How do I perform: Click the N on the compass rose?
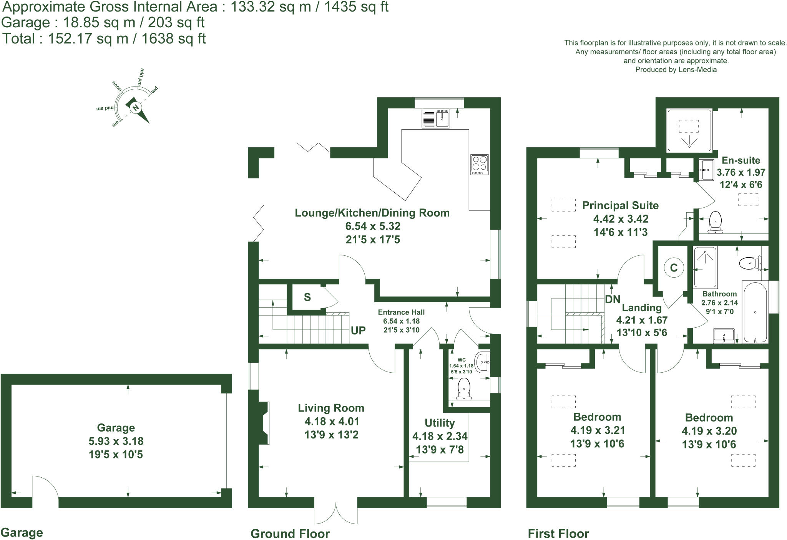(x=135, y=108)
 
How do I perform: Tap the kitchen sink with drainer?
(x=436, y=118)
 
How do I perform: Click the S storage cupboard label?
(x=307, y=297)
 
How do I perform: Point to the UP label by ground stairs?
(x=358, y=330)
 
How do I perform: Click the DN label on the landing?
(x=613, y=299)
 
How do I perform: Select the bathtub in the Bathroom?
(x=755, y=312)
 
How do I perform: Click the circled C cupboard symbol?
(x=674, y=268)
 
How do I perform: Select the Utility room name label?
(x=440, y=423)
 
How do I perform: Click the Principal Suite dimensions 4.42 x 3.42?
(x=621, y=219)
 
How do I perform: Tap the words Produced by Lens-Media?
(x=676, y=70)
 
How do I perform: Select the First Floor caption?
(x=558, y=534)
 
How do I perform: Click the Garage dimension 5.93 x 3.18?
(x=116, y=441)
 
